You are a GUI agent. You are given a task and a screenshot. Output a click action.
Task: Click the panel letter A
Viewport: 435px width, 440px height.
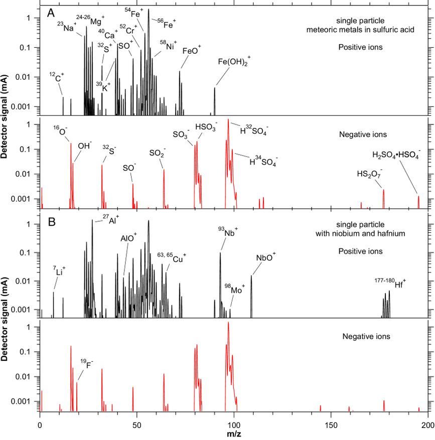(51, 14)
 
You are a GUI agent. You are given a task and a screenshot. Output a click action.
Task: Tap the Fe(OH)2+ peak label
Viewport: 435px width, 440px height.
(234, 62)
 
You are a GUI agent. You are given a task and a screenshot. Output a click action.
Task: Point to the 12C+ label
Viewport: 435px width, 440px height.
(57, 76)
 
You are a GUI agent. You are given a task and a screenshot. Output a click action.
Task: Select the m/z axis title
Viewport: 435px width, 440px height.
(233, 433)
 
